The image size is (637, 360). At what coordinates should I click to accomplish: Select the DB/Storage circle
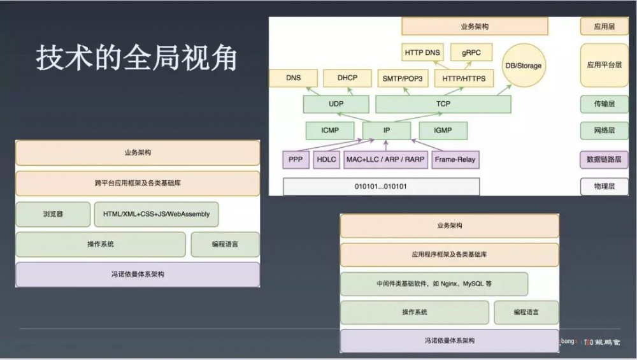tap(523, 66)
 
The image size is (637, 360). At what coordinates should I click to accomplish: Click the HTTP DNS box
tap(422, 52)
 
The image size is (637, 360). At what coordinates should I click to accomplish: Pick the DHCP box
tap(348, 78)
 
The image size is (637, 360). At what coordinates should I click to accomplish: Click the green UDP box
tap(336, 104)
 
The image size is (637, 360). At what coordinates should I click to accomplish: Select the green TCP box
tap(443, 104)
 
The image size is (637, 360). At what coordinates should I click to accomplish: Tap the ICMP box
tap(331, 131)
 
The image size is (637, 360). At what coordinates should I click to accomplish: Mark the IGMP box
tap(443, 131)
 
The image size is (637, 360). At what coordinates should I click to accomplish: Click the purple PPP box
tap(296, 159)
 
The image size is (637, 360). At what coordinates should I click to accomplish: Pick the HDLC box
tap(327, 159)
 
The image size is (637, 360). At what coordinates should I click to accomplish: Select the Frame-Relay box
tap(454, 159)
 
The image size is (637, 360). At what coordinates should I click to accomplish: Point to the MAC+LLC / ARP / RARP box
tap(385, 159)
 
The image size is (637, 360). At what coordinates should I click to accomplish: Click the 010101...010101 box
tap(381, 187)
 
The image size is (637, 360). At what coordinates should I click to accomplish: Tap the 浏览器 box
tap(53, 214)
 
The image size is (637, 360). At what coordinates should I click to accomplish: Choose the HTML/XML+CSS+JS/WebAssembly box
tap(156, 214)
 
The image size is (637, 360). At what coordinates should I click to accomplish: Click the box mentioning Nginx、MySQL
tap(434, 284)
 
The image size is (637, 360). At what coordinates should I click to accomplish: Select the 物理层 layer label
tap(604, 187)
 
